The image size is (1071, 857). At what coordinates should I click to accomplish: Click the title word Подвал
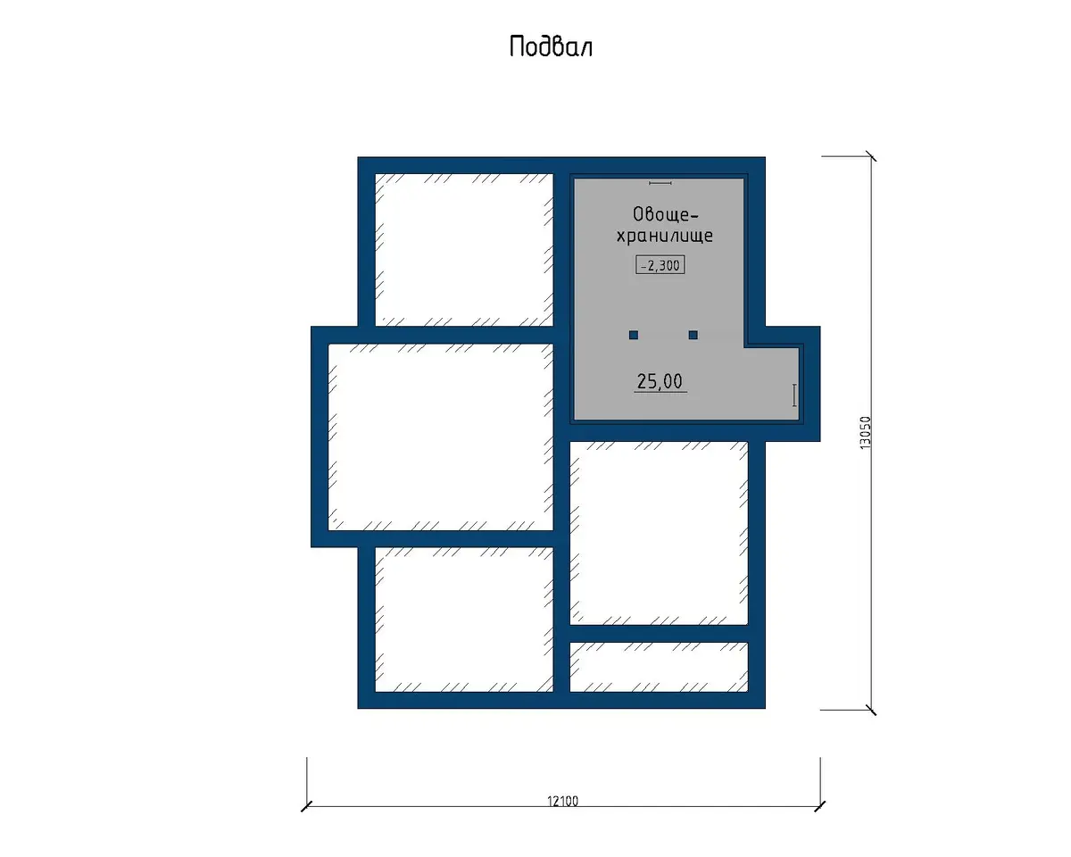tap(551, 46)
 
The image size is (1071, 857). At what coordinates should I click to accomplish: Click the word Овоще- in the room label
tap(666, 214)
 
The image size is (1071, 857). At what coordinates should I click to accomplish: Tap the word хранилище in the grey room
tap(664, 236)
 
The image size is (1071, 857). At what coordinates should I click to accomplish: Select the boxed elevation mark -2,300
tap(660, 265)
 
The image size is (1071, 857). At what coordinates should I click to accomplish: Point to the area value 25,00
tap(660, 381)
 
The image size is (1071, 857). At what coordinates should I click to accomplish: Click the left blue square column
tap(634, 335)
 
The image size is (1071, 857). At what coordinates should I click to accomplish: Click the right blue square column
tap(693, 335)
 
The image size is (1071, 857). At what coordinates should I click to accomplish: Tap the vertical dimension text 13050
tap(866, 433)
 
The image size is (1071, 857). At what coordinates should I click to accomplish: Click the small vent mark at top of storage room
tap(660, 183)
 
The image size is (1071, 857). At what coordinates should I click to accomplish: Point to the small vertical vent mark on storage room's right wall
tap(794, 395)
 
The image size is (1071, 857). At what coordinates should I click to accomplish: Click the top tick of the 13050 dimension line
tap(871, 156)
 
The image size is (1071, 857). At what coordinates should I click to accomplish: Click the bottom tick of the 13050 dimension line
tap(871, 710)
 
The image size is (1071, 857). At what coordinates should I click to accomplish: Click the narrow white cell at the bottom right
tap(659, 667)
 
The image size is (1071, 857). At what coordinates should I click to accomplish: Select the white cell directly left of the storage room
tap(464, 250)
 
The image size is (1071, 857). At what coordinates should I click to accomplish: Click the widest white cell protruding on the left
tap(441, 437)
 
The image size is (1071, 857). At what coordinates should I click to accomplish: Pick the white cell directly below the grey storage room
tap(659, 533)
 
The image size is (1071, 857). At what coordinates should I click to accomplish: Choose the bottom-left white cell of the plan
tap(464, 620)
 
